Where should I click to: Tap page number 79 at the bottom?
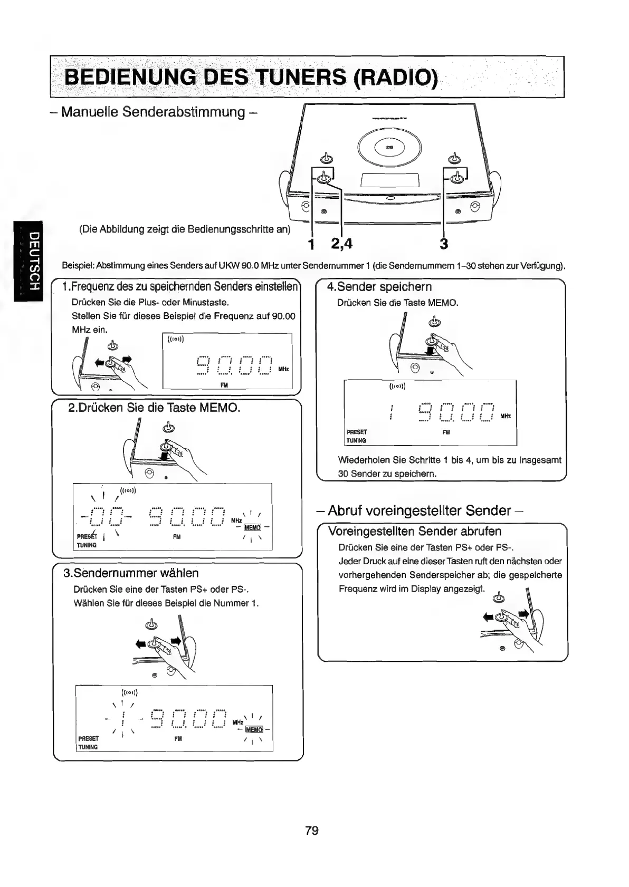click(312, 831)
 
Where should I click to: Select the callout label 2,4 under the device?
click(341, 244)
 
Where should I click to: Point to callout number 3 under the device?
click(444, 244)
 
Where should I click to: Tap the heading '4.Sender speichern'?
click(379, 287)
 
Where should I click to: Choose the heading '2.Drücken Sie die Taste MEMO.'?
click(155, 408)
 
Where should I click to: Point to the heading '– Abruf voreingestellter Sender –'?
click(420, 510)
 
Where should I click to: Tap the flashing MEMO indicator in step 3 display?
click(254, 729)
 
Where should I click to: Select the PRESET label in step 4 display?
click(357, 431)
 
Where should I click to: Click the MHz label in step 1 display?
click(283, 369)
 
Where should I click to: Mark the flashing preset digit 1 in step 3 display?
click(122, 718)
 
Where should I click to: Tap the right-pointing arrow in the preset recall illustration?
click(523, 613)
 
